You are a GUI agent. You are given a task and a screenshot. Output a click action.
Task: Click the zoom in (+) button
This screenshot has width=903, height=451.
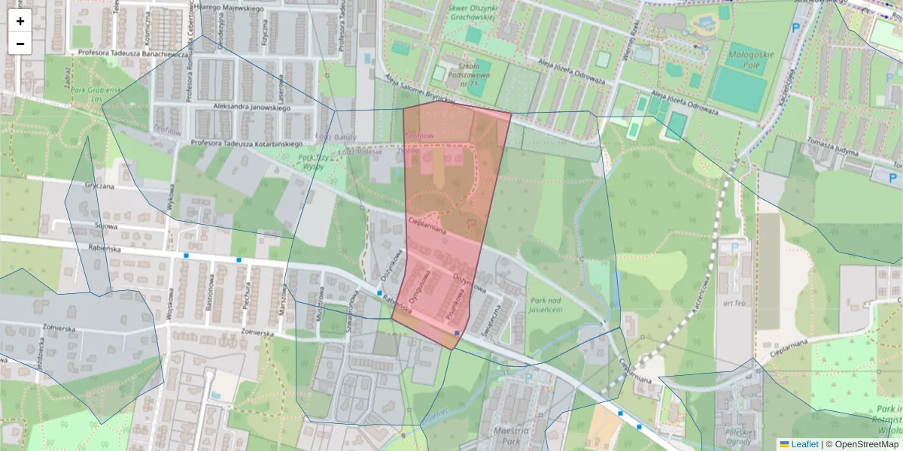pyautogui.click(x=20, y=21)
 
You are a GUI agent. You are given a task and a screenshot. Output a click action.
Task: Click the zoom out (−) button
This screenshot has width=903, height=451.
pyautogui.click(x=20, y=44)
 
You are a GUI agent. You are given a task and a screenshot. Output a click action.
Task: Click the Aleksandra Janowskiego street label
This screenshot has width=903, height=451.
pyautogui.click(x=240, y=107)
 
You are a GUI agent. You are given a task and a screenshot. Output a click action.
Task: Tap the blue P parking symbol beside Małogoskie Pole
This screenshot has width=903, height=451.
pyautogui.click(x=795, y=28)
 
